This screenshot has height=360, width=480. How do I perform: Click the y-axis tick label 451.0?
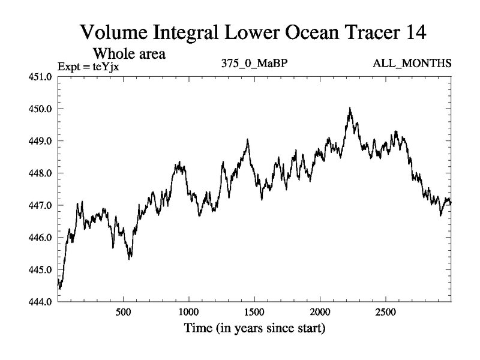click(x=42, y=77)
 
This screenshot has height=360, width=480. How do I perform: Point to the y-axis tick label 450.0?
click(x=42, y=109)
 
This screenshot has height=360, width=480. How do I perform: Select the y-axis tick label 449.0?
click(x=42, y=141)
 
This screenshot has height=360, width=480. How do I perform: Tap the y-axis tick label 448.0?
click(x=42, y=173)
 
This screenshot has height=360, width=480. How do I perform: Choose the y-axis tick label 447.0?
click(x=42, y=206)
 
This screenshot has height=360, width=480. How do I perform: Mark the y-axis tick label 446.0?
click(x=42, y=238)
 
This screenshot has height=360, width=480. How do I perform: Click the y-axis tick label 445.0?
click(x=42, y=270)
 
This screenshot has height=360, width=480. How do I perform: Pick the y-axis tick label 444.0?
click(x=42, y=302)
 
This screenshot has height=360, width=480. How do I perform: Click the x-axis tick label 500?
click(x=123, y=312)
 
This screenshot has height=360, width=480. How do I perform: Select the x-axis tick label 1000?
click(x=188, y=312)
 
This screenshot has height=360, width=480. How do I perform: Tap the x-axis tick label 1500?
click(x=254, y=312)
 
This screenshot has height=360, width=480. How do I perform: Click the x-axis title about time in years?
click(x=254, y=328)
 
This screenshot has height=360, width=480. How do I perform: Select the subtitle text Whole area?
click(x=128, y=53)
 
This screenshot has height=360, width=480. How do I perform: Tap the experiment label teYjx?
click(x=105, y=66)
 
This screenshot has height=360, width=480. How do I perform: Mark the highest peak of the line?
click(x=350, y=109)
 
